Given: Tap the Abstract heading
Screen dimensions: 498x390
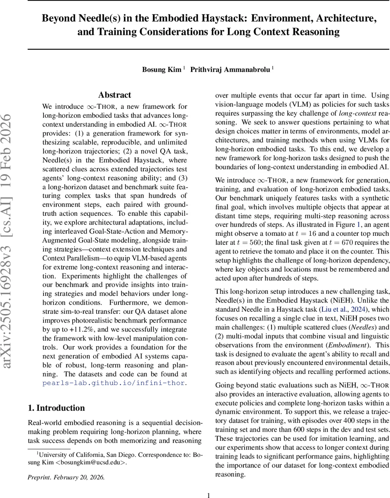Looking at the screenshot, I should point(114,95).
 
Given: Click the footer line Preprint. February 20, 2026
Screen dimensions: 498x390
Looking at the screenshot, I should point(66,477).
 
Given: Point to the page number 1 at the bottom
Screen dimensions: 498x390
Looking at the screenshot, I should point(208,495).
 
